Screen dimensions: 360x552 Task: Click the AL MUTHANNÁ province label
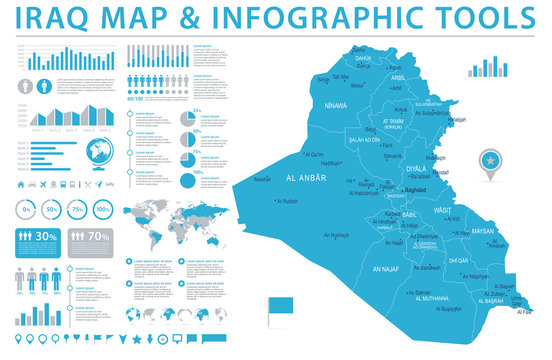[434, 298]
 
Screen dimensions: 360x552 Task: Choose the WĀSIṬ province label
[443, 211]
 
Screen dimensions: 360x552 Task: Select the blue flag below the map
[279, 307]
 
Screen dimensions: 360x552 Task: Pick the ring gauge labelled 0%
[27, 210]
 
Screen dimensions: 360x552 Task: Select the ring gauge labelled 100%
[103, 210]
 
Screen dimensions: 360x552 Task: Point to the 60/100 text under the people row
[136, 98]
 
